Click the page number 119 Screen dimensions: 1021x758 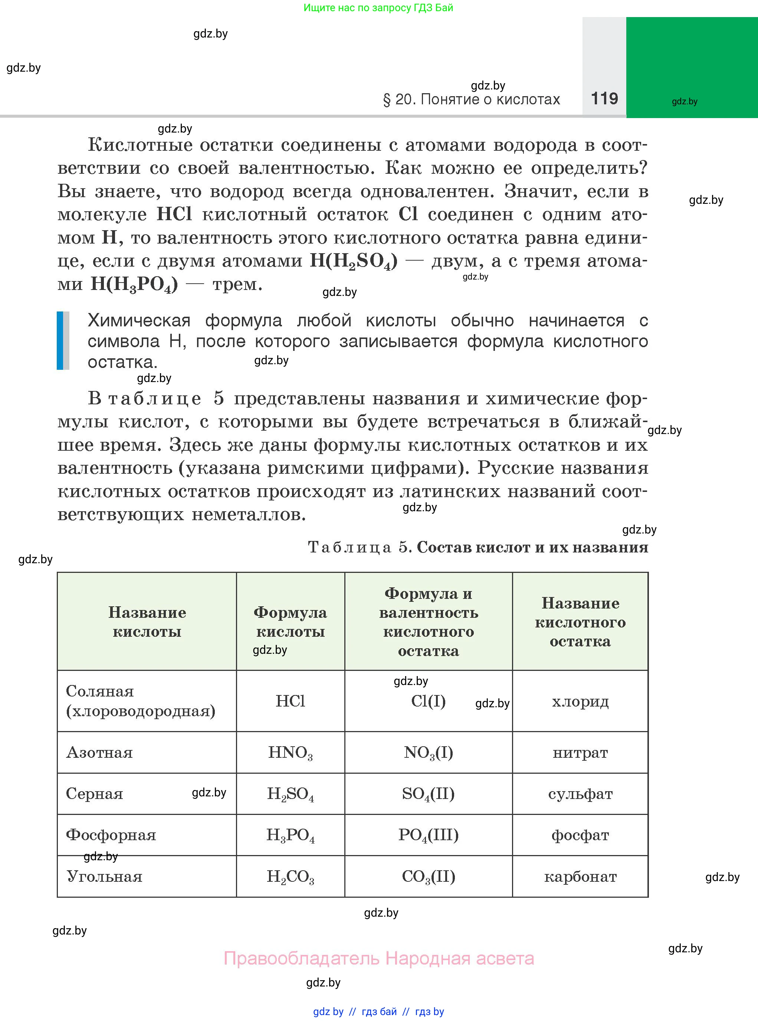(604, 99)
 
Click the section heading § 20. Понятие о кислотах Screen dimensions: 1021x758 (471, 100)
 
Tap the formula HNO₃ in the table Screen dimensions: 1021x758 (291, 753)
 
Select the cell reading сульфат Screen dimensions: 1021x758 (580, 794)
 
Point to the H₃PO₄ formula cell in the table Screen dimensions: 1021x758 (291, 835)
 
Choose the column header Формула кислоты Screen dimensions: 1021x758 (291, 622)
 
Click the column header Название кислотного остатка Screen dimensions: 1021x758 (580, 622)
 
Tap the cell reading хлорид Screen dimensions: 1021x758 (580, 701)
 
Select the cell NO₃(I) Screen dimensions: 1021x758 (429, 753)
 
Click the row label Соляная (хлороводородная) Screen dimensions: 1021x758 (140, 701)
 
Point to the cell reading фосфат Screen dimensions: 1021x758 (580, 835)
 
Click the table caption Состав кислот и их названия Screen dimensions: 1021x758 (532, 547)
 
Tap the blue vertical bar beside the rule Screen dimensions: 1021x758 (60, 340)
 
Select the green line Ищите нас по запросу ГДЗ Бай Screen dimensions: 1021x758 (378, 8)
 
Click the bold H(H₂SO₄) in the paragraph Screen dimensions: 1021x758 (354, 261)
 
